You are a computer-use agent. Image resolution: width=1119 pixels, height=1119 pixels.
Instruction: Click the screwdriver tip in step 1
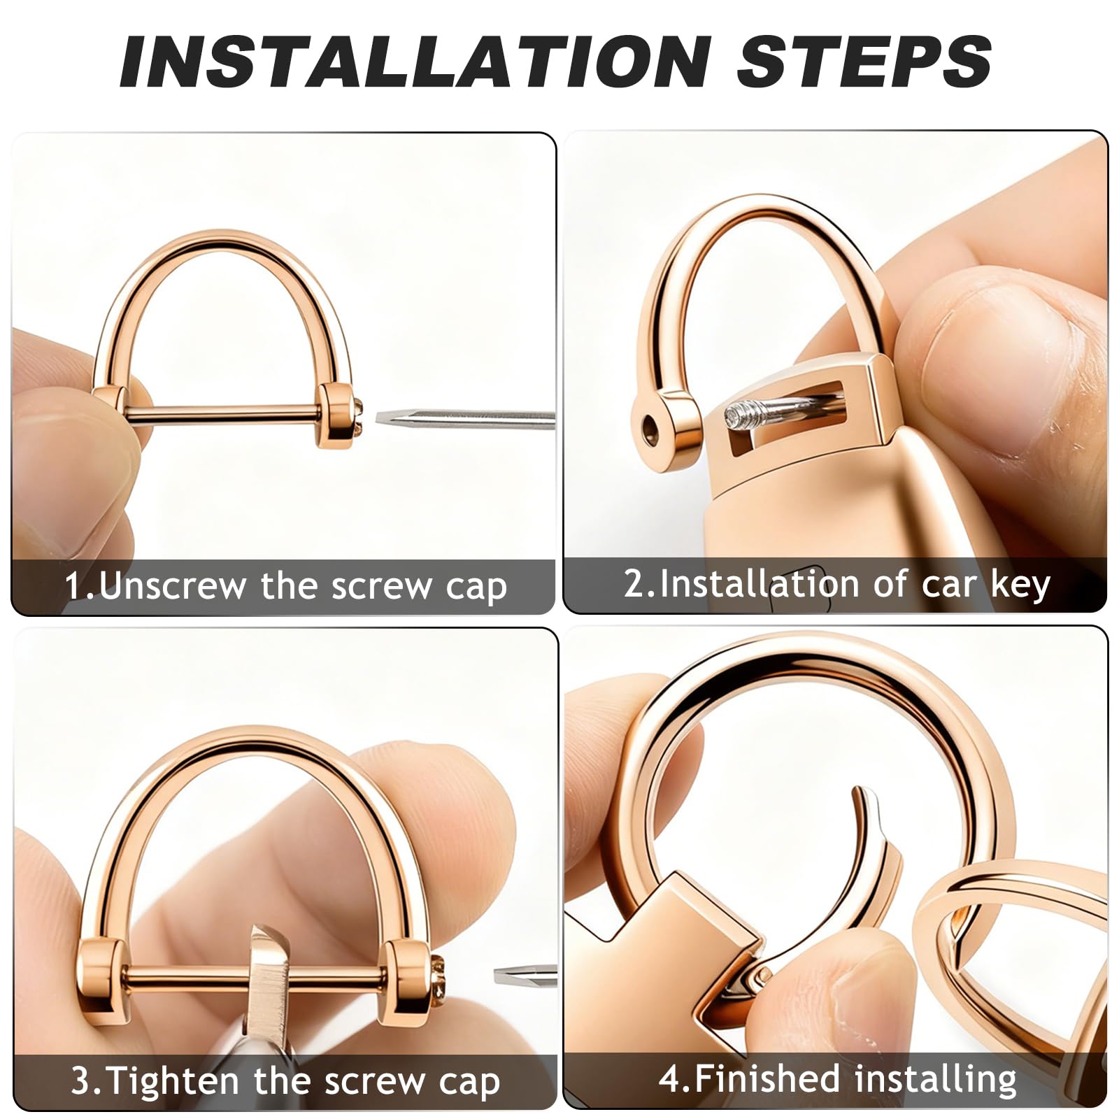point(381,418)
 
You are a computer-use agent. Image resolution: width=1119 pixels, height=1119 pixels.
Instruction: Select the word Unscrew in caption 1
point(173,585)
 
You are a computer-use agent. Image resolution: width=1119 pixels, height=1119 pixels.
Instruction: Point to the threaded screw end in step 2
point(742,416)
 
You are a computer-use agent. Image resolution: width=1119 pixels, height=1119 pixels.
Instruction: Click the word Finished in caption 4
point(767,1078)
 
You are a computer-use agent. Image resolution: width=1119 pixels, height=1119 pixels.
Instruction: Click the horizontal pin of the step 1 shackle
point(224,414)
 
